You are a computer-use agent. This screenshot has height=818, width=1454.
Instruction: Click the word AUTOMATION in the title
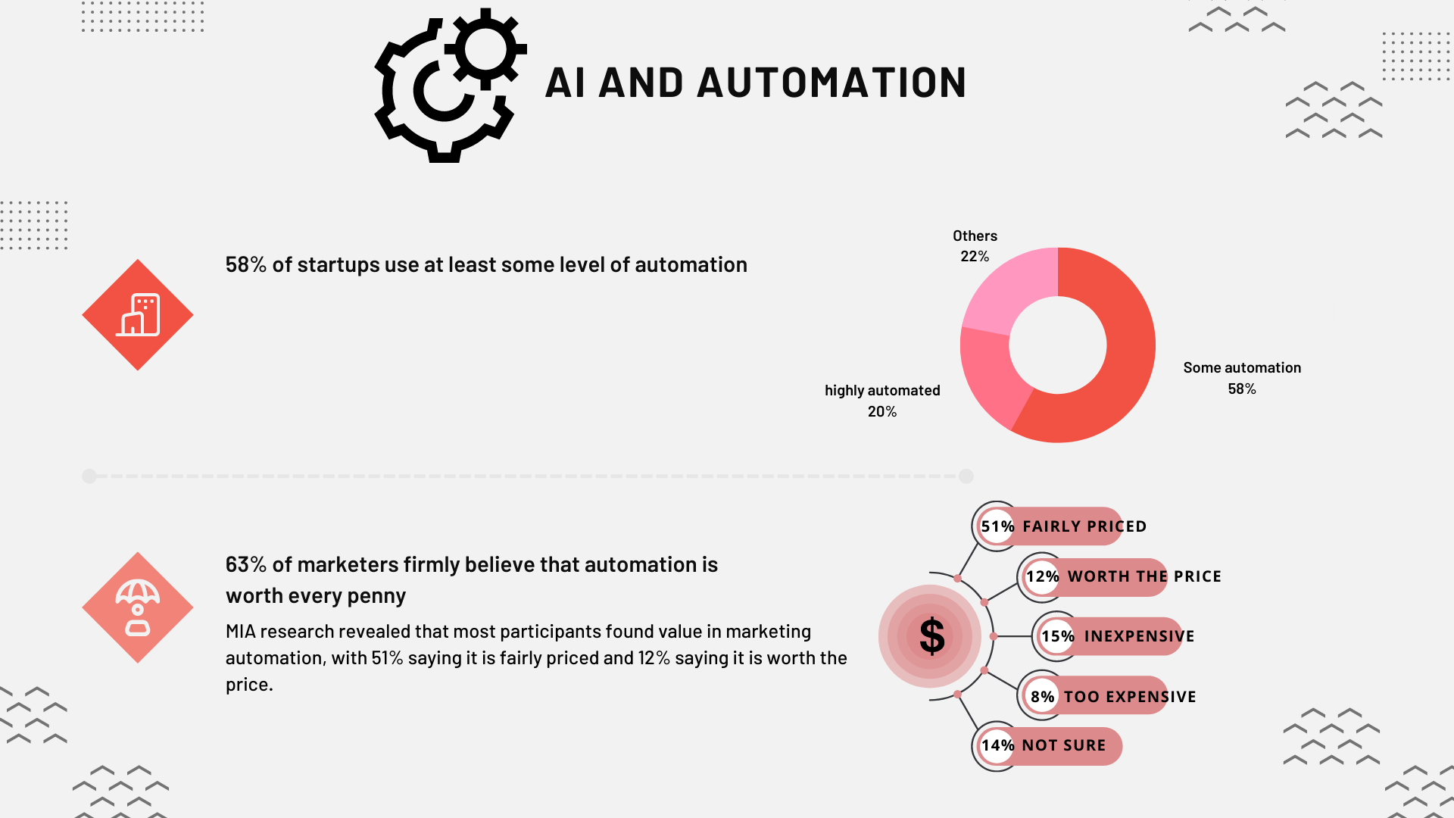832,83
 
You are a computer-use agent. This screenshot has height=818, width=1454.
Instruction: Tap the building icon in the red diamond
138,314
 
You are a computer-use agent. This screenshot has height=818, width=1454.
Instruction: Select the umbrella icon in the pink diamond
138,607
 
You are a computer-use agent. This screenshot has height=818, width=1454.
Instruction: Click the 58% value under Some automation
1242,389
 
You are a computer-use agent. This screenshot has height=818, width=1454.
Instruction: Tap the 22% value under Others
975,257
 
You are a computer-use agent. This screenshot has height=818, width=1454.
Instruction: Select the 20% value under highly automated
882,411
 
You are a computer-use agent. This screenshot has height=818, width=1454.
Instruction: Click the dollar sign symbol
931,636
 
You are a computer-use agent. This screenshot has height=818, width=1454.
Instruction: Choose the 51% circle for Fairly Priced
997,526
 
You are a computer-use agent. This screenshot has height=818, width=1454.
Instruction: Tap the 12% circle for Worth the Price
1042,576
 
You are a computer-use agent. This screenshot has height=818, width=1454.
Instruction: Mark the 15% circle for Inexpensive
1057,636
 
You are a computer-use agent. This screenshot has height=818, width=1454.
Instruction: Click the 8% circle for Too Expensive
1042,696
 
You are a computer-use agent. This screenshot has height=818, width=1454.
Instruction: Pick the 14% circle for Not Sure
997,746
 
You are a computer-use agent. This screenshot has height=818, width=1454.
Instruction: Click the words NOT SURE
1064,745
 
